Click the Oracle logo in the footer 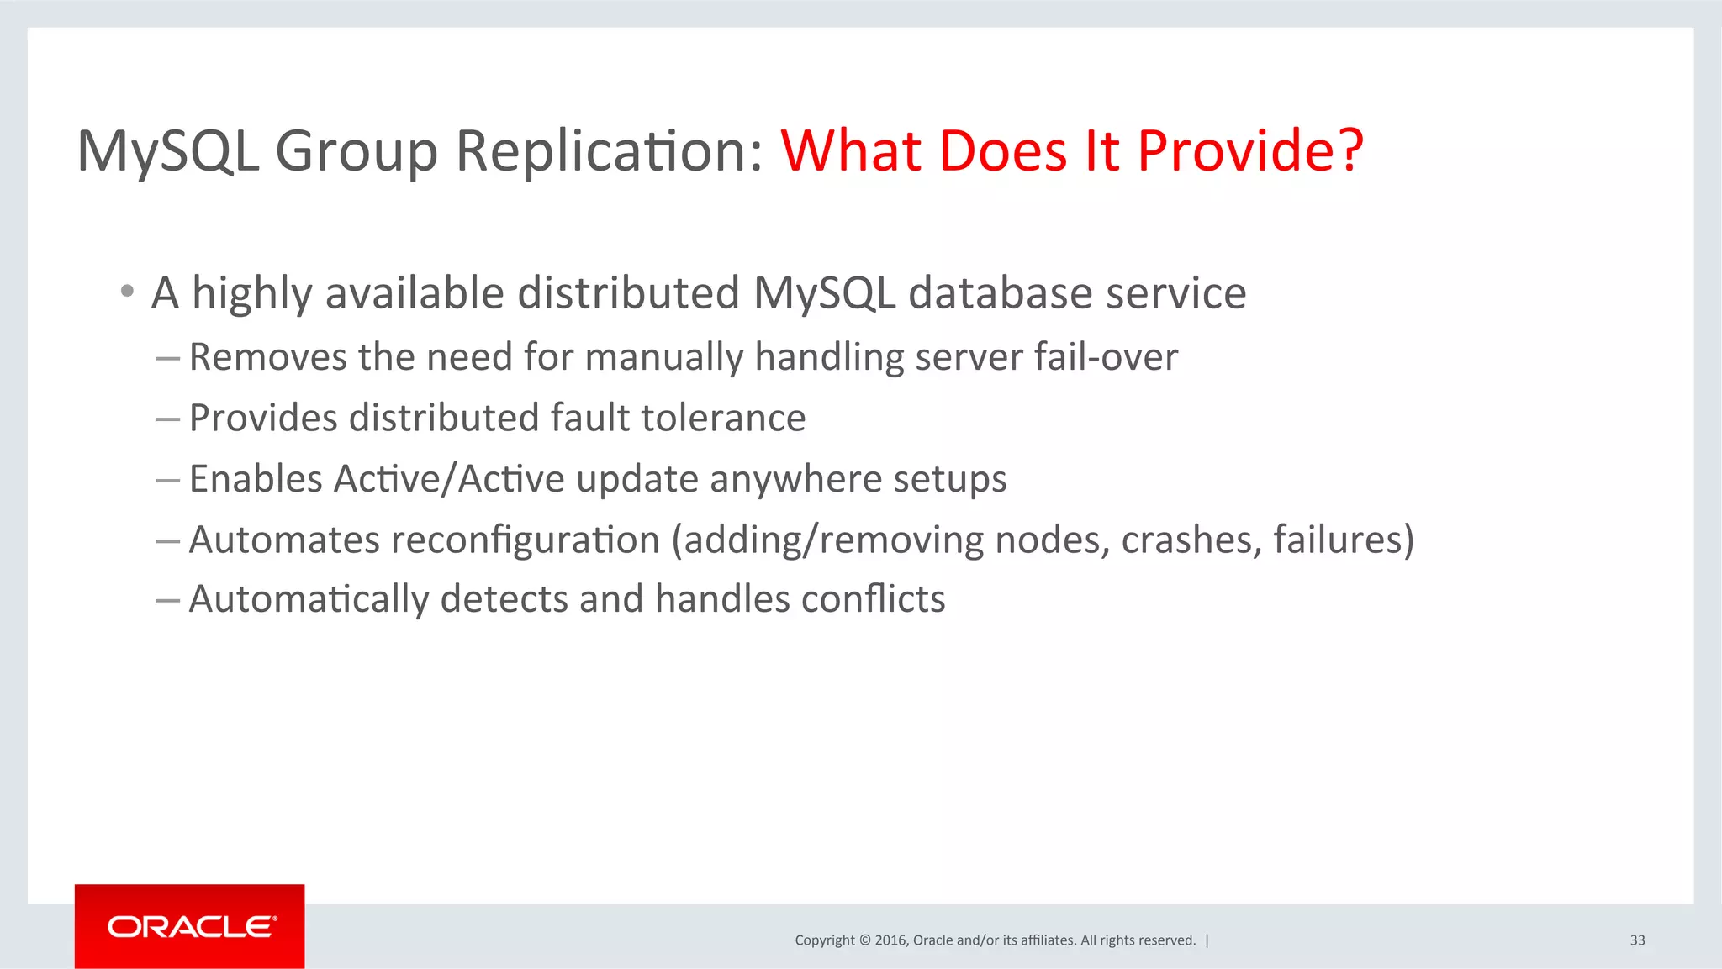pos(190,926)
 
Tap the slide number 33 pos(1637,940)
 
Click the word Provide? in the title pos(1250,150)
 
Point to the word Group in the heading pos(357,152)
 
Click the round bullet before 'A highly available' pos(127,292)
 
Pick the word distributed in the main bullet pos(628,293)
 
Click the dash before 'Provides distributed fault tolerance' pos(167,418)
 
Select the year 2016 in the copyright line pos(890,940)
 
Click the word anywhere pos(795,479)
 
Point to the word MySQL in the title pos(167,152)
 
